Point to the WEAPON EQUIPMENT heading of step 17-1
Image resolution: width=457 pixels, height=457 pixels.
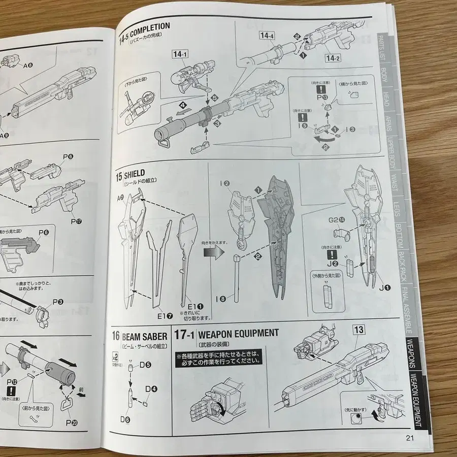tap(238, 334)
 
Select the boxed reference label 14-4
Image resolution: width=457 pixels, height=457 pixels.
tap(267, 36)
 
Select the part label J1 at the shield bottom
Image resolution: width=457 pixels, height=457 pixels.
tap(385, 288)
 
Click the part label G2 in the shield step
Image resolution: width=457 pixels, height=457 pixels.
tap(336, 220)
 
